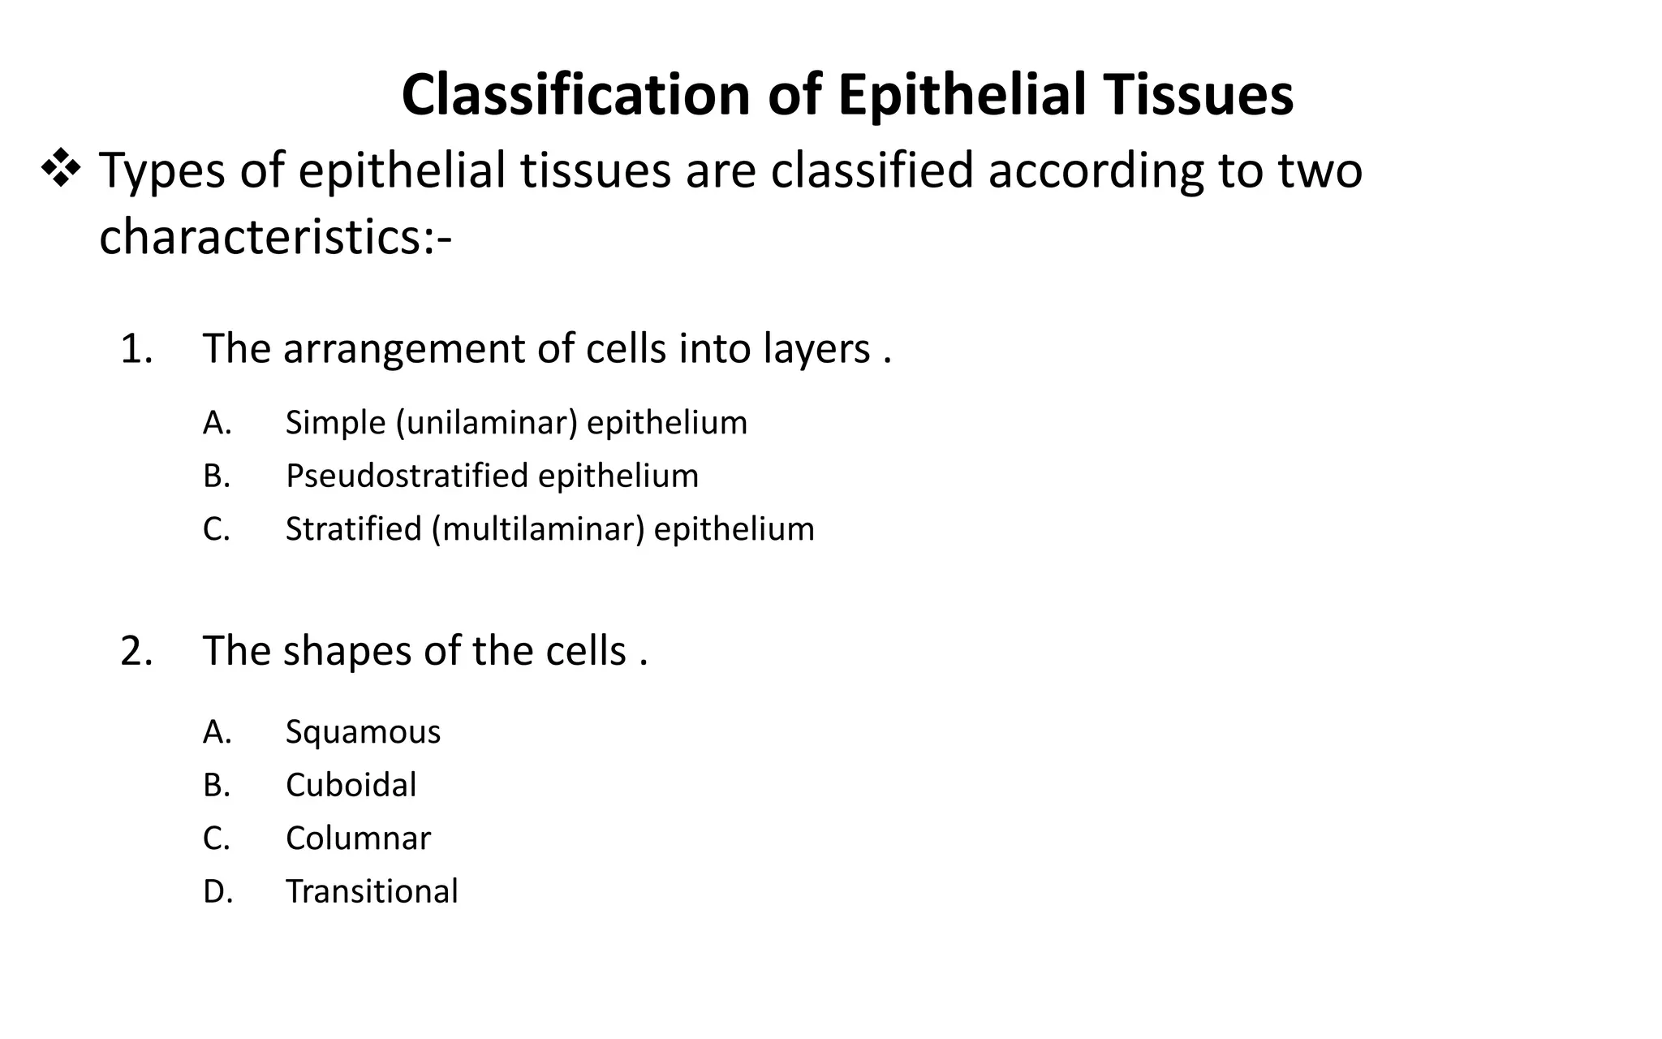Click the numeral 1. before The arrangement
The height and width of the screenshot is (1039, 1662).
tap(136, 349)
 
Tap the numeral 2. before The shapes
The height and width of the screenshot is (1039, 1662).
tap(136, 651)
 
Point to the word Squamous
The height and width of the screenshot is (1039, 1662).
tap(363, 732)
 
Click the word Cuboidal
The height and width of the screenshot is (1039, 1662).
tap(351, 785)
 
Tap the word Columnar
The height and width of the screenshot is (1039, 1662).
tap(358, 839)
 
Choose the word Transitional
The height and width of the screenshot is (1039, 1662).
tap(372, 891)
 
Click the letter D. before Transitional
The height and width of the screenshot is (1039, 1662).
tap(217, 891)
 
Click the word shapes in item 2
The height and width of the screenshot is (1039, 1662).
tap(347, 651)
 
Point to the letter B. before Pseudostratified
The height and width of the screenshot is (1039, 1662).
tap(217, 476)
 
